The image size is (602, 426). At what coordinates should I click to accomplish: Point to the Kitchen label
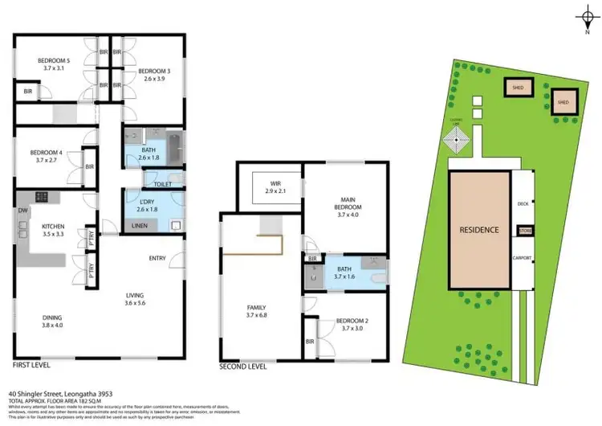(x=53, y=227)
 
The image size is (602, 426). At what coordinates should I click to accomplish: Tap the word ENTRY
(x=157, y=258)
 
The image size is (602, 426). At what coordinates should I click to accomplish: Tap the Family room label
(x=257, y=307)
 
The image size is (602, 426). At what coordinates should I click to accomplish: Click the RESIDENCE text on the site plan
(x=479, y=230)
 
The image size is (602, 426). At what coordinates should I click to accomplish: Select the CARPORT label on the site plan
(x=527, y=257)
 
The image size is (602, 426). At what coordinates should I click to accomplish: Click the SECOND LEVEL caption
(x=242, y=367)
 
